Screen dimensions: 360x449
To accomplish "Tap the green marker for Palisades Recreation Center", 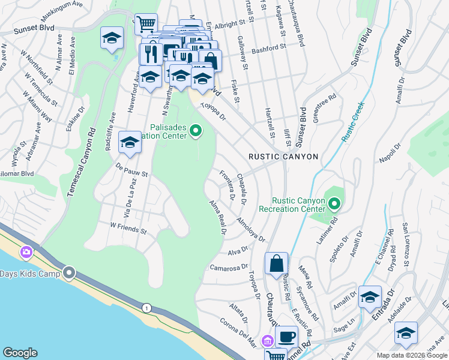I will tap(195, 130).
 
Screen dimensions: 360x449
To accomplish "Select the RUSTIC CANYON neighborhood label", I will tap(283, 157).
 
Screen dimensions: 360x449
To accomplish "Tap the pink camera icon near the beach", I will tap(26, 252).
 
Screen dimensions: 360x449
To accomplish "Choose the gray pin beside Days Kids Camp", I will tap(70, 274).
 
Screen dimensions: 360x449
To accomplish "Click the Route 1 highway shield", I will tap(146, 308).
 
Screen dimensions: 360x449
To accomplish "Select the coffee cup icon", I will tap(286, 337).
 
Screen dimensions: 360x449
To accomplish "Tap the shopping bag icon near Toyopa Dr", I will tap(276, 263).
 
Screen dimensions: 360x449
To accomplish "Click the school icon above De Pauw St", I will tap(129, 143).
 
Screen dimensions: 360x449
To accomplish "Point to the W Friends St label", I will tap(128, 230).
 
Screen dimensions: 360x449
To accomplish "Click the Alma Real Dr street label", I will tap(217, 218).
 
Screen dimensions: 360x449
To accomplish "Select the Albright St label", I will tap(231, 23).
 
